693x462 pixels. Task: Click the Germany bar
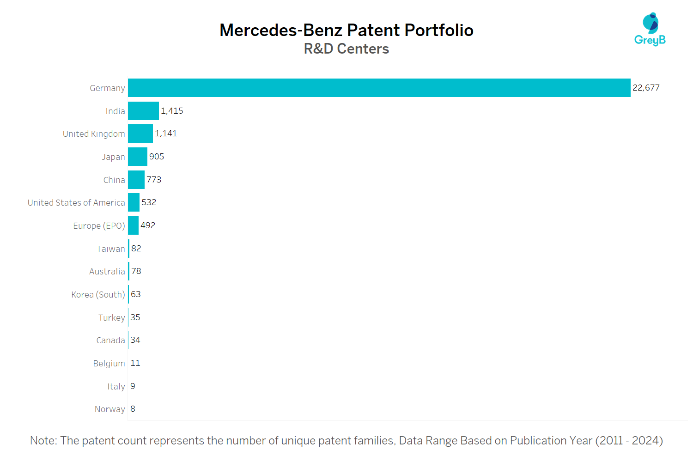[379, 88]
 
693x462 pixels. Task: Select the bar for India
[143, 111]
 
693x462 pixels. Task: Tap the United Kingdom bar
[140, 134]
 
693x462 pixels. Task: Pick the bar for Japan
[137, 157]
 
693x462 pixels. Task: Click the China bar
[136, 180]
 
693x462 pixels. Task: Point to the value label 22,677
[646, 88]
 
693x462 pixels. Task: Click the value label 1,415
[172, 111]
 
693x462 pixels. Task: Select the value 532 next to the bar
[149, 202]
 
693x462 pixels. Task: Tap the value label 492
[148, 225]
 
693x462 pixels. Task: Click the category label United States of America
[76, 203]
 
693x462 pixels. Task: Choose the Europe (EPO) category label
[99, 226]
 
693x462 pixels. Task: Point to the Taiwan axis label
[110, 249]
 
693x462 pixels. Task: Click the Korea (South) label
[98, 295]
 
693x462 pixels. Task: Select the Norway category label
[109, 409]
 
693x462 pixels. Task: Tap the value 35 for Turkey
[135, 317]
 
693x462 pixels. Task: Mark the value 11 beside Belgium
[135, 363]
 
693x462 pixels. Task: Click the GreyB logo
[650, 29]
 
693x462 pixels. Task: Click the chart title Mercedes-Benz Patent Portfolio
[346, 30]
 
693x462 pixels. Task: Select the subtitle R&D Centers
[346, 49]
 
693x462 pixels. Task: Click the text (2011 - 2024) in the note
[629, 441]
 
